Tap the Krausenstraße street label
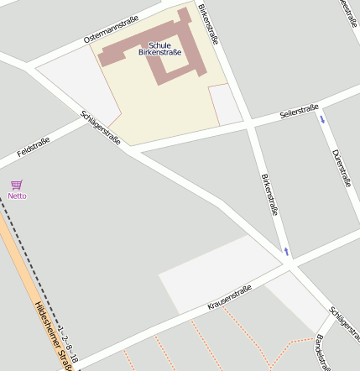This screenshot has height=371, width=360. click(x=230, y=297)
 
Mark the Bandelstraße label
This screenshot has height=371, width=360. click(x=320, y=352)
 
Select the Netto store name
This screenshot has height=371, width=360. click(x=17, y=196)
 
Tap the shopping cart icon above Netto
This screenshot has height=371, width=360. click(x=17, y=184)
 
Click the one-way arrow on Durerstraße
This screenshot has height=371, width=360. click(x=322, y=121)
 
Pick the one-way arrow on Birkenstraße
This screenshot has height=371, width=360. click(x=286, y=251)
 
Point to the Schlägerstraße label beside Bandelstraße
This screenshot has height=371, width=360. click(x=344, y=322)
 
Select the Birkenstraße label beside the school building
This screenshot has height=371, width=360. click(x=210, y=23)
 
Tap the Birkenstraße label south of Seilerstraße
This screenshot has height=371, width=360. click(x=269, y=195)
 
